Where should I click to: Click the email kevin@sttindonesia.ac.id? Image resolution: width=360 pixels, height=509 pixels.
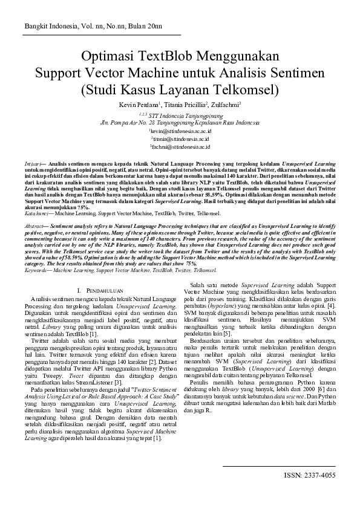pos(180,130)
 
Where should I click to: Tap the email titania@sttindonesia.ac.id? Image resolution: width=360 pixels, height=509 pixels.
pos(180,138)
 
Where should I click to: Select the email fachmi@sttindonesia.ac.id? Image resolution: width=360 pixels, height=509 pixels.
pos(180,146)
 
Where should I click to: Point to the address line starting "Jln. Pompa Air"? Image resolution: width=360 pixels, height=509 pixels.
pos(180,122)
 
